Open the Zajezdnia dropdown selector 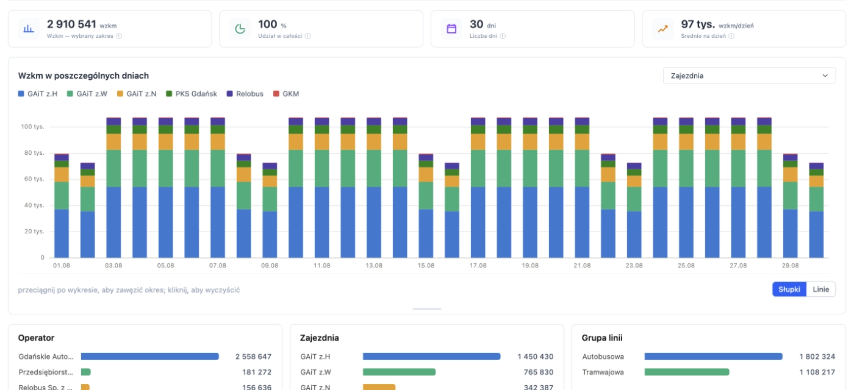click(749, 76)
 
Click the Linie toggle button click(821, 289)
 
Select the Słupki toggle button click(789, 289)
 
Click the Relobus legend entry click(245, 94)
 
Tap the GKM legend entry click(286, 94)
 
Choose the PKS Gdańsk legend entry click(192, 94)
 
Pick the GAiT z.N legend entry click(137, 94)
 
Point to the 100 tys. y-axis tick click(32, 127)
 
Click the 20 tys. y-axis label click(34, 231)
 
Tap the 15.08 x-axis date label click(426, 266)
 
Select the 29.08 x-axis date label click(791, 266)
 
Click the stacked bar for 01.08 click(62, 206)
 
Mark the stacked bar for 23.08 click(634, 210)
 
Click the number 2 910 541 click(71, 24)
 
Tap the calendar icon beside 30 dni click(451, 29)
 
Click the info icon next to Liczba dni click(503, 36)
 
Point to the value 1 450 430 click(536, 357)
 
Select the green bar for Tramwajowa click(687, 372)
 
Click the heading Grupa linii click(602, 338)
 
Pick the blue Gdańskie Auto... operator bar click(150, 356)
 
